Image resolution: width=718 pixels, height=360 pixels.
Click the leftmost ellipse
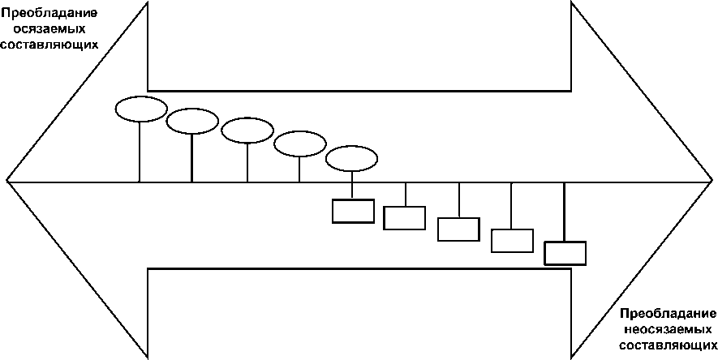coord(141,109)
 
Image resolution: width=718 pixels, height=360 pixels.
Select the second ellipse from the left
coord(192,122)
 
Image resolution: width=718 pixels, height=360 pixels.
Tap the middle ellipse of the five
coord(247,130)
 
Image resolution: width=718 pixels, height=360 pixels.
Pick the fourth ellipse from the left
coord(299,145)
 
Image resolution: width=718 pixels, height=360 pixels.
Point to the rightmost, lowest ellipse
coord(352,159)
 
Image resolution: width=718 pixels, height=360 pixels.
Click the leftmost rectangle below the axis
coord(353,211)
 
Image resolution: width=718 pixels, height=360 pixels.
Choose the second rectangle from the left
coord(404,218)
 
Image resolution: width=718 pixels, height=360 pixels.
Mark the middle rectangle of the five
coord(458,229)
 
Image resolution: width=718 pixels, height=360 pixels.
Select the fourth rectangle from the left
coord(512,241)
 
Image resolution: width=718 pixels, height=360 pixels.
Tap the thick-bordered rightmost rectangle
coord(565,253)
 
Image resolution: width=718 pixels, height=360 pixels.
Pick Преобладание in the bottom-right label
coord(668,314)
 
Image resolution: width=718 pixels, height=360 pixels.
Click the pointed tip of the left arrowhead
coord(8,180)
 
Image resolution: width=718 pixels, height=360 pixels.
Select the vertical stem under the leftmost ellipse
coord(141,151)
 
